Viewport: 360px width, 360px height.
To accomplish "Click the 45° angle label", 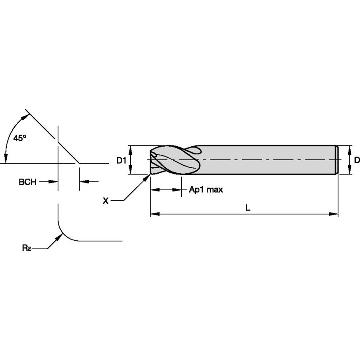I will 20,138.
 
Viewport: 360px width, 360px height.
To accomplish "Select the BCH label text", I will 27,182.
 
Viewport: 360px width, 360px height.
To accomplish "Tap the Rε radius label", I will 26,248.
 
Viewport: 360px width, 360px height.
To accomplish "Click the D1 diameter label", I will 121,160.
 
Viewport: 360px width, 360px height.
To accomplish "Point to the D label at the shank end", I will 357,160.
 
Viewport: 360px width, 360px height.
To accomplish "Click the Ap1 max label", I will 205,190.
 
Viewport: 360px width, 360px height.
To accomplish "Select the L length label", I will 248,207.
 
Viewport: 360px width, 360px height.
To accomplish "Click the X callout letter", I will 106,201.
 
